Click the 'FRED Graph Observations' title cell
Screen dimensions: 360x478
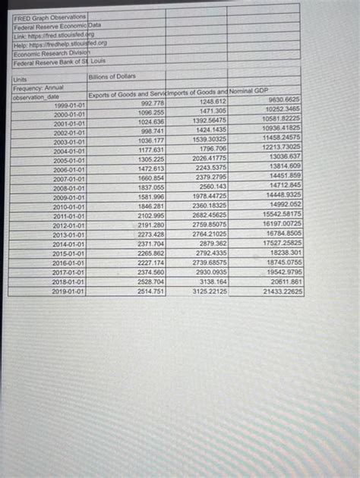(x=49, y=16)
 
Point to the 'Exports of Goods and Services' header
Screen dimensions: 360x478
(x=126, y=94)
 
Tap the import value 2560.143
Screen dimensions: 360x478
(x=212, y=186)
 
